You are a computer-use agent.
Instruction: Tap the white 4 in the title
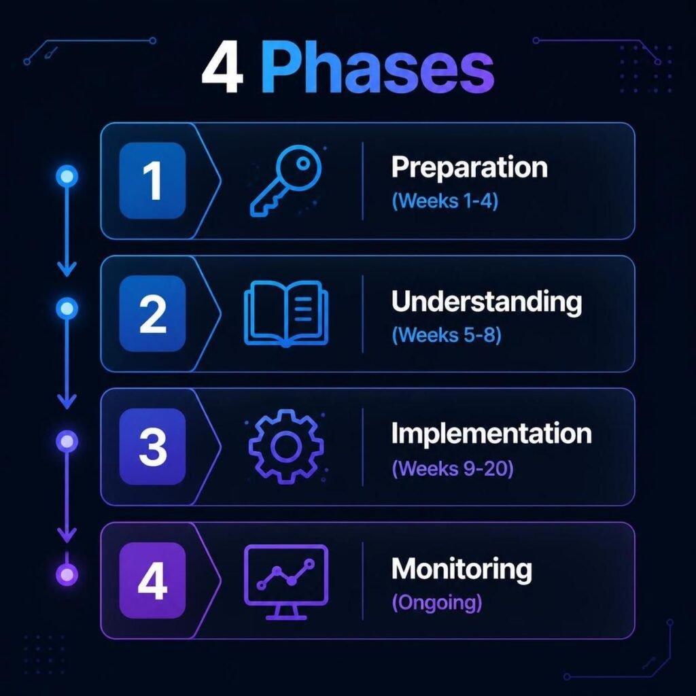pos(222,69)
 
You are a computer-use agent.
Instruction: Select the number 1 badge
pos(152,181)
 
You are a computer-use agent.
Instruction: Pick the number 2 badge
pos(152,313)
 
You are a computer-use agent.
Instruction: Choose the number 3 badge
pos(152,447)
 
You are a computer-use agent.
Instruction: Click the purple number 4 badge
pos(152,580)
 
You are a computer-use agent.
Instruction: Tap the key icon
pos(285,181)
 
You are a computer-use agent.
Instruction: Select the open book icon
pos(286,313)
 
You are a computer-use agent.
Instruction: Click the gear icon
pos(286,447)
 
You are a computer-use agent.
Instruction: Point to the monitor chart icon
pos(286,582)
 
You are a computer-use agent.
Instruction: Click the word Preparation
pos(469,168)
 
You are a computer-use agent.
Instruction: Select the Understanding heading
pos(487,302)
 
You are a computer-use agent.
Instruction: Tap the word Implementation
pos(491,434)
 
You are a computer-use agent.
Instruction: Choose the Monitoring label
pos(462,570)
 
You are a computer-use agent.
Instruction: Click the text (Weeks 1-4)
pos(445,201)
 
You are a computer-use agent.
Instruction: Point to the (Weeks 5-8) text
pos(447,334)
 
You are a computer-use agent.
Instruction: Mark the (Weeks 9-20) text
pos(452,468)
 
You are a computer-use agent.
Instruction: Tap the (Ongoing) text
pos(437,603)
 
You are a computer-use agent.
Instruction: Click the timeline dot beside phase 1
pos(67,176)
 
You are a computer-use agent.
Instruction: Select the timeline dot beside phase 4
pos(67,575)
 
